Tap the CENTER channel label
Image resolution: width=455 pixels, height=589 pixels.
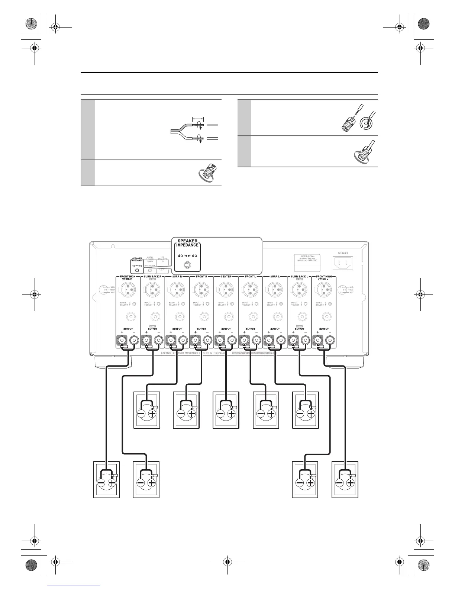pos(226,277)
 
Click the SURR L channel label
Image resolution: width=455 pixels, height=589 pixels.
pos(275,277)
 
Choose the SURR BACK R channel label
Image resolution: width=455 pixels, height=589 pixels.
pos(152,277)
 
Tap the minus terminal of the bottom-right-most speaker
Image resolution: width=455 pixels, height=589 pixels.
pos(340,483)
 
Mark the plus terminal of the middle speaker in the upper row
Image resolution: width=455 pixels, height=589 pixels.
pos(232,413)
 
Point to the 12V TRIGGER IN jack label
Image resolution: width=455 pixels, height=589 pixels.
pos(162,259)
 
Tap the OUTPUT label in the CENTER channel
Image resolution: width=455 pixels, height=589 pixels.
pos(226,329)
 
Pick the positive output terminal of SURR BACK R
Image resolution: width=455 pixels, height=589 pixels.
pos(147,339)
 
